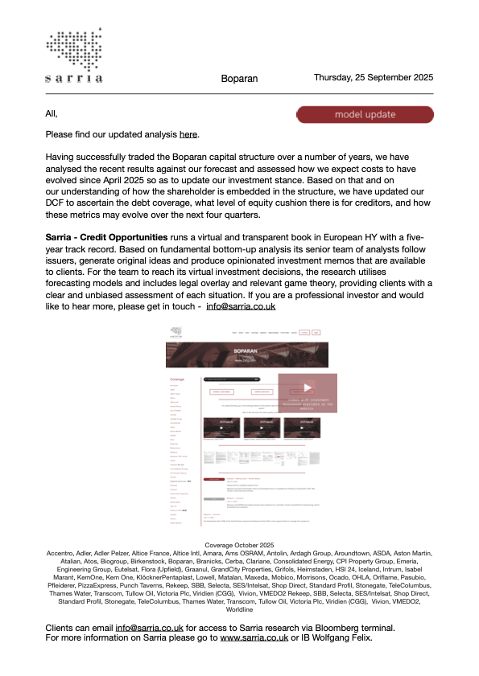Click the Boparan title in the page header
239,79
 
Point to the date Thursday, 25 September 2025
374,78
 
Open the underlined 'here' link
188,134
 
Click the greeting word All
52,113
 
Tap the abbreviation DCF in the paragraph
57,202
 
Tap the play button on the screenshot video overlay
307,387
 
